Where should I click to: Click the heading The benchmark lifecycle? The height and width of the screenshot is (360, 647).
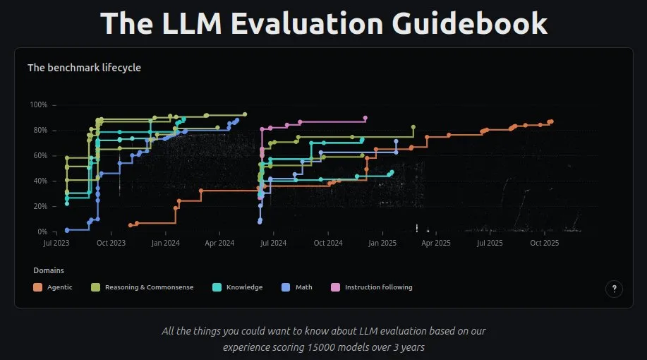[84, 68]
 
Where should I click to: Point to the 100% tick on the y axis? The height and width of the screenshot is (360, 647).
[38, 105]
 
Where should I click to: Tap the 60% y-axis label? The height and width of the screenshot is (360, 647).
[40, 156]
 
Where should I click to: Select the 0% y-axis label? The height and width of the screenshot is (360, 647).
[42, 232]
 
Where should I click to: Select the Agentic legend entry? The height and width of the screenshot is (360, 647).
[59, 287]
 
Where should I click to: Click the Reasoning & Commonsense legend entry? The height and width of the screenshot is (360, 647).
[149, 287]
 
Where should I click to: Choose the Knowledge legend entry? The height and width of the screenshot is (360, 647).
[244, 287]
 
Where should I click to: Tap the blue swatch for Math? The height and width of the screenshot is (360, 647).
[286, 287]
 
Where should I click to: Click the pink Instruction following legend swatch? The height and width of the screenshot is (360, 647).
[335, 287]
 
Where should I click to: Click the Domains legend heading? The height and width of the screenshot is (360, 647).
[49, 270]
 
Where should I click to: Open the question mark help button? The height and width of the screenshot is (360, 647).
[614, 288]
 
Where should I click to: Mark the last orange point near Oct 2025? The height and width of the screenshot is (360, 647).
[551, 121]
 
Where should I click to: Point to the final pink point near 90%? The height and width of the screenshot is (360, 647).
[365, 118]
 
